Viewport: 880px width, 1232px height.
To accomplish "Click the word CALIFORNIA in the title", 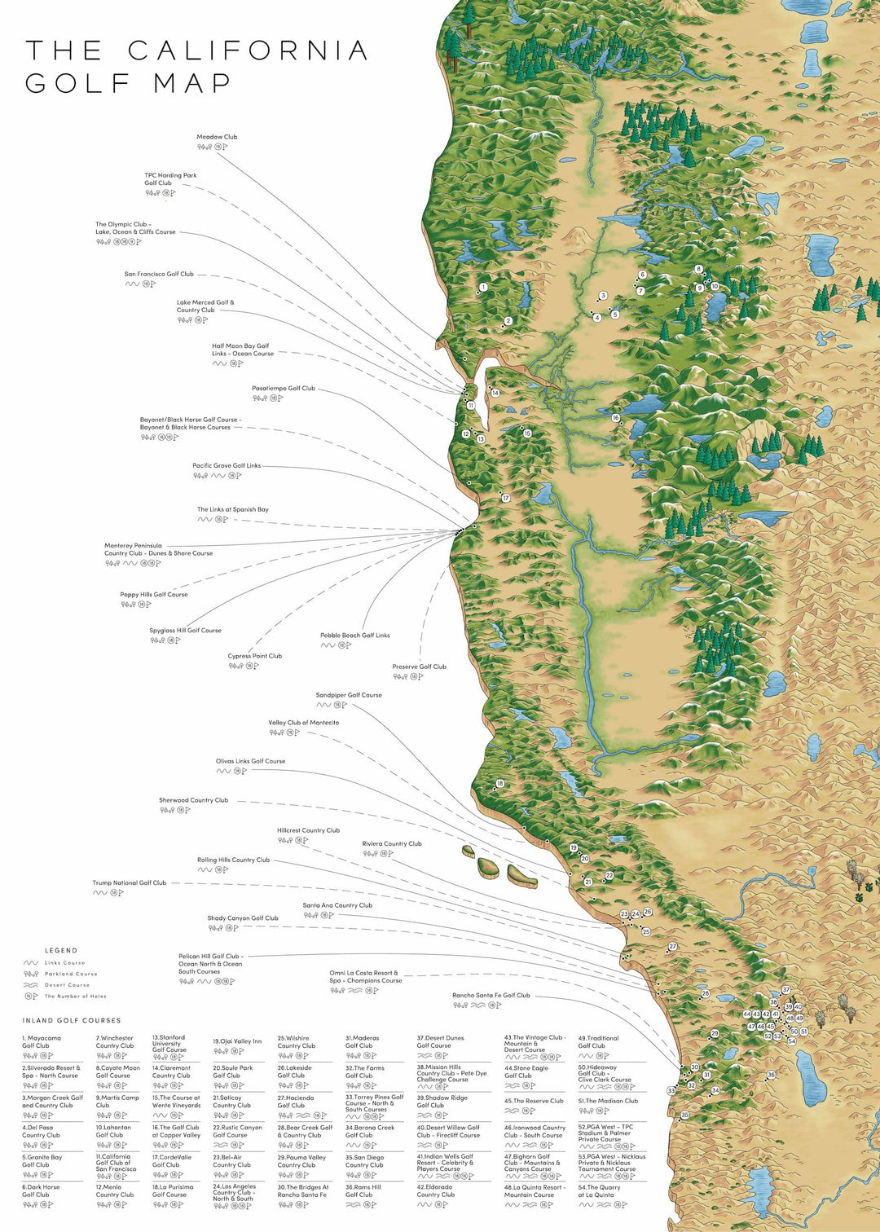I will point(249,51).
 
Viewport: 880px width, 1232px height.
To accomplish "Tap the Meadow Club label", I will point(217,137).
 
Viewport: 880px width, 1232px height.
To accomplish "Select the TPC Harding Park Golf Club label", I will point(170,179).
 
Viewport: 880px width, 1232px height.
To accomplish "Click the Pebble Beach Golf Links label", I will point(354,636).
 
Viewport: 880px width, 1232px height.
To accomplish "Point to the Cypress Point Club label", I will point(254,656).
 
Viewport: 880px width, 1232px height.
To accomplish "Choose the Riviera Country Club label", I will point(392,844).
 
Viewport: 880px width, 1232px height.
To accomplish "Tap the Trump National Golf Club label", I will point(129,883).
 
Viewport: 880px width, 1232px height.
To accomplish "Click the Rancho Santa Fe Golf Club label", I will point(491,996).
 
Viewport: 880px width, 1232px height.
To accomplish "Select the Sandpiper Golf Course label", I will point(349,695).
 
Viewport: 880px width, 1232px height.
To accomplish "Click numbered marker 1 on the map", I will point(483,287).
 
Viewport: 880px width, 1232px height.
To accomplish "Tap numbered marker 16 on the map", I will point(616,418).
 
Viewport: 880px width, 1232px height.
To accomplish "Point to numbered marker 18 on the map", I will point(500,784).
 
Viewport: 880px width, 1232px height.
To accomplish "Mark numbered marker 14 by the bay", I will point(495,393).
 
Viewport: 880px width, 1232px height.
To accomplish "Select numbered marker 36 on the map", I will point(771,1075).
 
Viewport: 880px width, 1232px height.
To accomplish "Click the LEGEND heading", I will point(61,950).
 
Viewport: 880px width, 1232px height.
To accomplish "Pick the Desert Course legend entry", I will point(67,985).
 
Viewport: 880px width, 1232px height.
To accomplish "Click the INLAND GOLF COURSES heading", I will point(72,1020).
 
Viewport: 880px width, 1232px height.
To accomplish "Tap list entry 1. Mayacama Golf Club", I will point(41,1042).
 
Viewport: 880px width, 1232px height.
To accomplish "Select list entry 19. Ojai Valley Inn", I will point(237,1041).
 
